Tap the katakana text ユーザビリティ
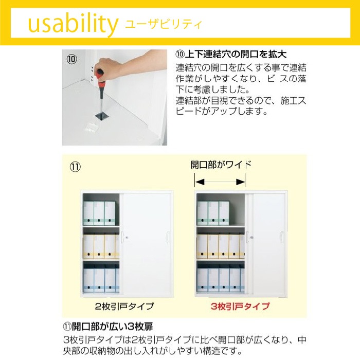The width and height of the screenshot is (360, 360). point(163,24)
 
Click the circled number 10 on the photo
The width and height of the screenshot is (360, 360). point(72,59)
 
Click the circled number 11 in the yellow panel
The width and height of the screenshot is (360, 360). point(75,167)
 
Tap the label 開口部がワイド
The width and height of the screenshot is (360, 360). point(221,165)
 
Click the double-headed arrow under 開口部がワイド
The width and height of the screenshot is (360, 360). point(220,182)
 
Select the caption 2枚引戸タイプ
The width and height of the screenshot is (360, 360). point(124,306)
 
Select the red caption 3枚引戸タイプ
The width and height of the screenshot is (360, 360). point(240,306)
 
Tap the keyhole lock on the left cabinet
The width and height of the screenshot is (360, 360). point(123,238)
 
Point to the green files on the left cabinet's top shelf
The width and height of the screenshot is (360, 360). point(99,213)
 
